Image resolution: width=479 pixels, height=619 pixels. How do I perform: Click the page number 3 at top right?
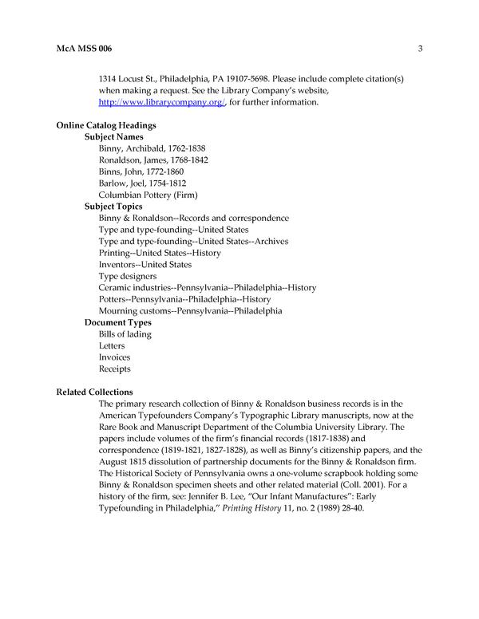[419, 49]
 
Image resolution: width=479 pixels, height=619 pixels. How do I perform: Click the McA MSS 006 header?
[84, 49]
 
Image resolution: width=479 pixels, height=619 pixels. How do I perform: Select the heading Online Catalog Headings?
[106, 125]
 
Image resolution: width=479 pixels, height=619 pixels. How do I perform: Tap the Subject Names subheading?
[114, 136]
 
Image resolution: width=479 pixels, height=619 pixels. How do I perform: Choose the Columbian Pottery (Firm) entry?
[148, 195]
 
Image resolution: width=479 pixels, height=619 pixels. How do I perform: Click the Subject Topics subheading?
[114, 206]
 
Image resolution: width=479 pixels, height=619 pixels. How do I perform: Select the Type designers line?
[128, 276]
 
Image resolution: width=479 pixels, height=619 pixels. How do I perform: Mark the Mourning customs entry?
[190, 310]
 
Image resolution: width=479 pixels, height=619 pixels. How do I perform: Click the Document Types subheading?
[118, 322]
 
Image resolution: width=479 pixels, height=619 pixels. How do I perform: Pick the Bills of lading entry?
[125, 334]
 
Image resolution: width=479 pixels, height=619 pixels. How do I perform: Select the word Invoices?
[115, 357]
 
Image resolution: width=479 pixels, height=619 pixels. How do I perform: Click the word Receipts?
[115, 369]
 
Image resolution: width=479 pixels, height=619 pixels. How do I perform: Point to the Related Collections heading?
[94, 392]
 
